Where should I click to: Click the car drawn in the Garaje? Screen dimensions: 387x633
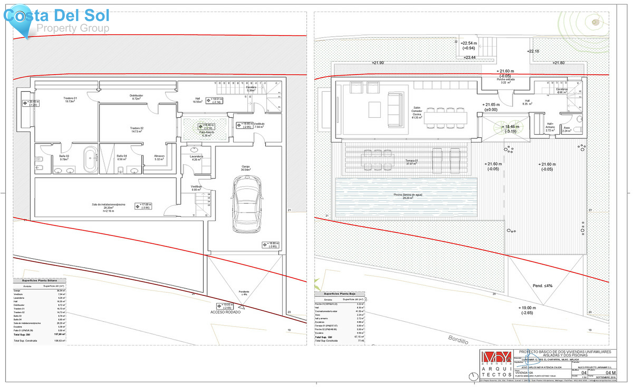pyautogui.click(x=247, y=204)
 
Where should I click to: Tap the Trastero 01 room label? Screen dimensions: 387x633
pyautogui.click(x=70, y=100)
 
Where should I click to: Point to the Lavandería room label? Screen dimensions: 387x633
pyautogui.click(x=196, y=158)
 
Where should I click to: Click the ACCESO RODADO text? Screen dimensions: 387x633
pyautogui.click(x=225, y=312)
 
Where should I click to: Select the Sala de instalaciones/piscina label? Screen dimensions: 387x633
pyautogui.click(x=108, y=207)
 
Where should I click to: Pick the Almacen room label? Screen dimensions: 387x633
pyautogui.click(x=159, y=157)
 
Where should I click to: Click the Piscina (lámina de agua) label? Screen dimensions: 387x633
pyautogui.click(x=408, y=196)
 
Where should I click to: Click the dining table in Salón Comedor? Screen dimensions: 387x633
pyautogui.click(x=445, y=118)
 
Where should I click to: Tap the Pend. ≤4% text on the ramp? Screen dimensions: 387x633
pyautogui.click(x=542, y=286)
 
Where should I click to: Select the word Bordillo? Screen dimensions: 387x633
pyautogui.click(x=458, y=340)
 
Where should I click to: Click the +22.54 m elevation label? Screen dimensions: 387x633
pyautogui.click(x=468, y=43)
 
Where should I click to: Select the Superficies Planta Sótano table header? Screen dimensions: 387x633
pyautogui.click(x=39, y=280)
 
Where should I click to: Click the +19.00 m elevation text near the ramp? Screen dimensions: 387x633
pyautogui.click(x=527, y=308)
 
